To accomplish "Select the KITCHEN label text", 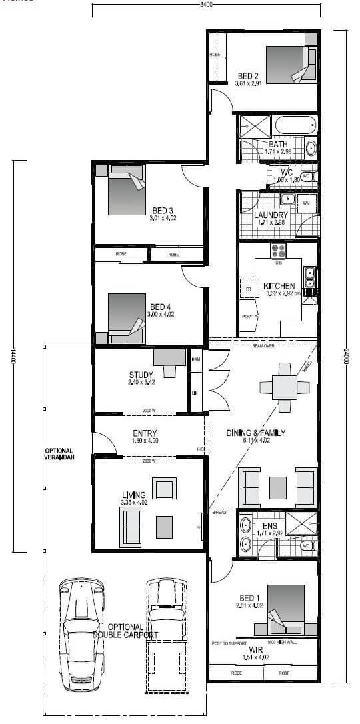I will coord(279,286).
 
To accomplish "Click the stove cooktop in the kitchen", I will coord(278,251).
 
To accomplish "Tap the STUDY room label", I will coord(141,374).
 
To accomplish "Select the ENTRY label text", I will coord(145,433).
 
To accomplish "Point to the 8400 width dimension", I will coord(206,5).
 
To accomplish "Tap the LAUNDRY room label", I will coord(271,215).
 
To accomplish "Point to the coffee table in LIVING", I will coord(163,527).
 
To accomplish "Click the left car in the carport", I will coord(81,633).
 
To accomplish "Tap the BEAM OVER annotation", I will coord(263,346).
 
